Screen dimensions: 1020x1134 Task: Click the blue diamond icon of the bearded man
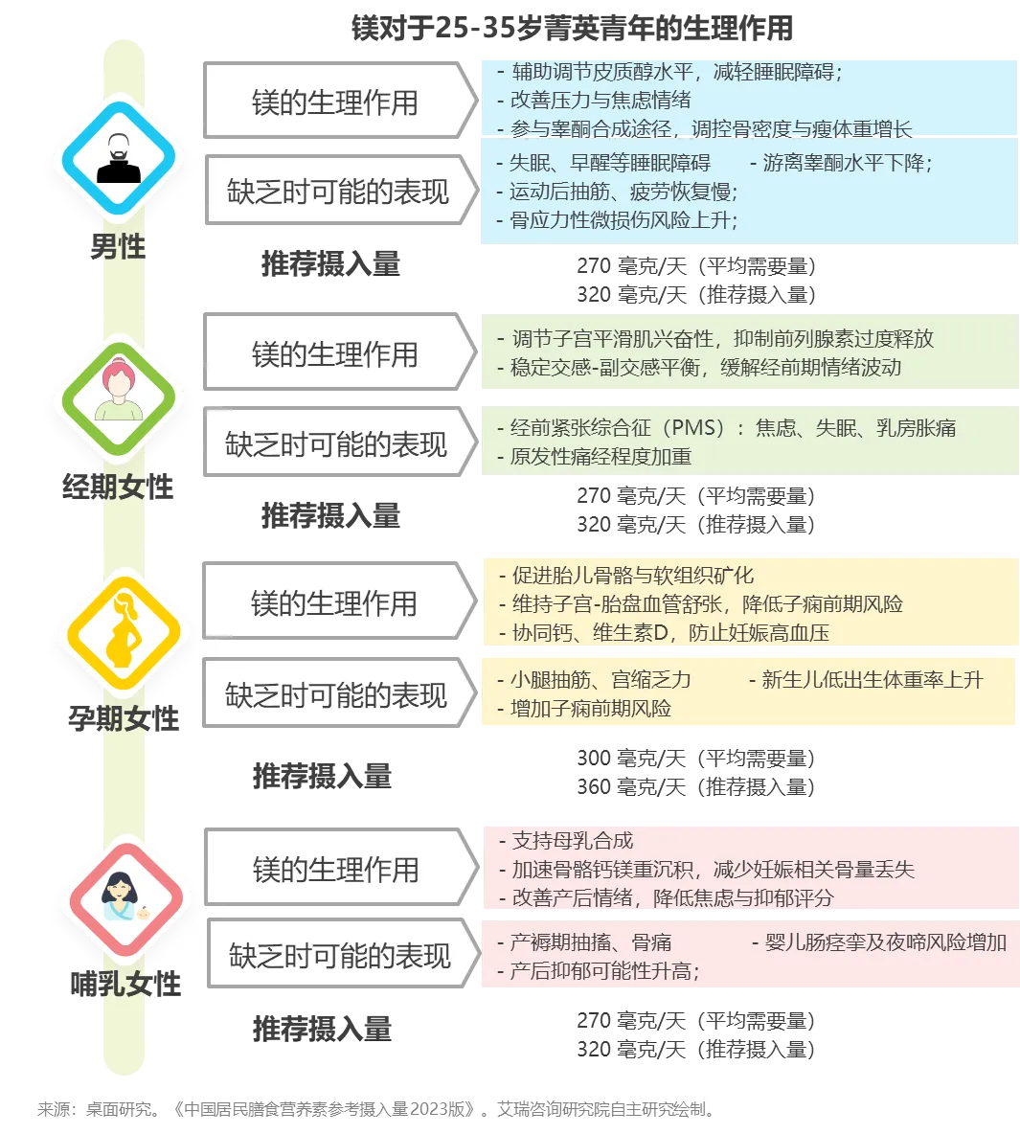point(119,158)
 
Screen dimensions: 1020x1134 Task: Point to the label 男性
point(118,246)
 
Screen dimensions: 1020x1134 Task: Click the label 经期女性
point(118,488)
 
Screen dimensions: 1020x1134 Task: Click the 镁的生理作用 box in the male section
point(335,102)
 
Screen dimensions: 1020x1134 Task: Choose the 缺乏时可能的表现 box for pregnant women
point(336,695)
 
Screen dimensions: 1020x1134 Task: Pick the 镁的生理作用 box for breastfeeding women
point(336,870)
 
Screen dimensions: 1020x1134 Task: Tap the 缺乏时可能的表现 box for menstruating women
point(336,444)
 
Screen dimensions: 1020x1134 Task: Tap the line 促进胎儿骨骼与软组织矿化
point(632,576)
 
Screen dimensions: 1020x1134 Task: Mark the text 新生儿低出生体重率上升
point(872,680)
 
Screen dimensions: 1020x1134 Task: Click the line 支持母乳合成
point(573,841)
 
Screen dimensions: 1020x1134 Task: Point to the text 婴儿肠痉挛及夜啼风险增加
point(885,942)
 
